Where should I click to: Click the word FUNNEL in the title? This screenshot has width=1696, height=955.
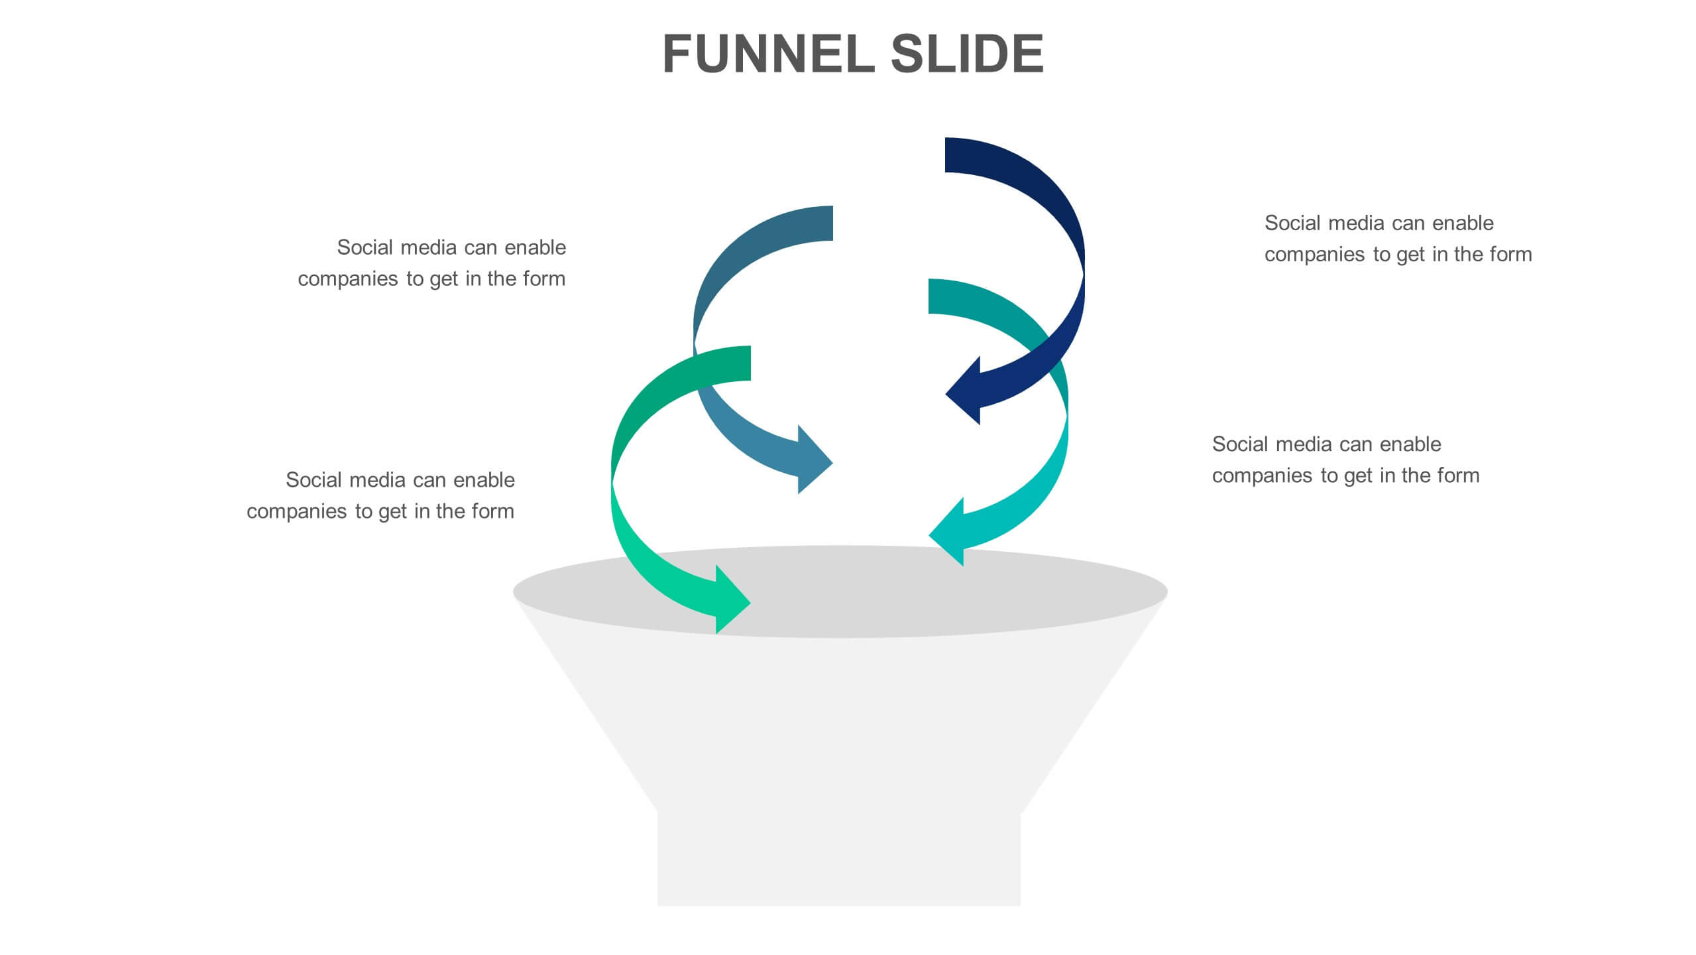[769, 54]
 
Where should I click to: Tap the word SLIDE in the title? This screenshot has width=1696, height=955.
[967, 54]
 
